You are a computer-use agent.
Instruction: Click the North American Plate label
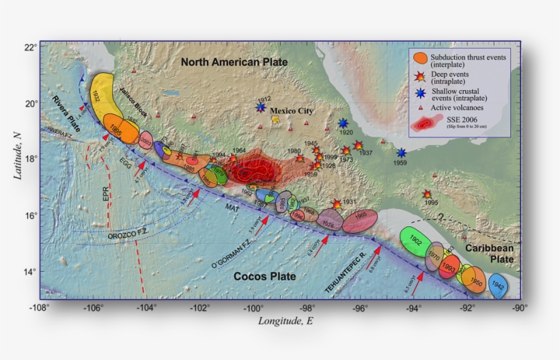tap(234, 62)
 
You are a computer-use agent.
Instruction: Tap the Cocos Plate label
tap(265, 277)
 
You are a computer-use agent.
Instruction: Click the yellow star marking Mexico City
tap(276, 120)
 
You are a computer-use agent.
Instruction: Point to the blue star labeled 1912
tap(260, 107)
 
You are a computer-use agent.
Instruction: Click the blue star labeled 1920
tap(344, 124)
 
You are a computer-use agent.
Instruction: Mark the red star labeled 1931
tap(336, 204)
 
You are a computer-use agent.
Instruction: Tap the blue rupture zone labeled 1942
tap(497, 287)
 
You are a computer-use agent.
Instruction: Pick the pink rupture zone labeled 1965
tap(360, 221)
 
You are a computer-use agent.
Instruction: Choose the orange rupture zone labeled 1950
tap(475, 281)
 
